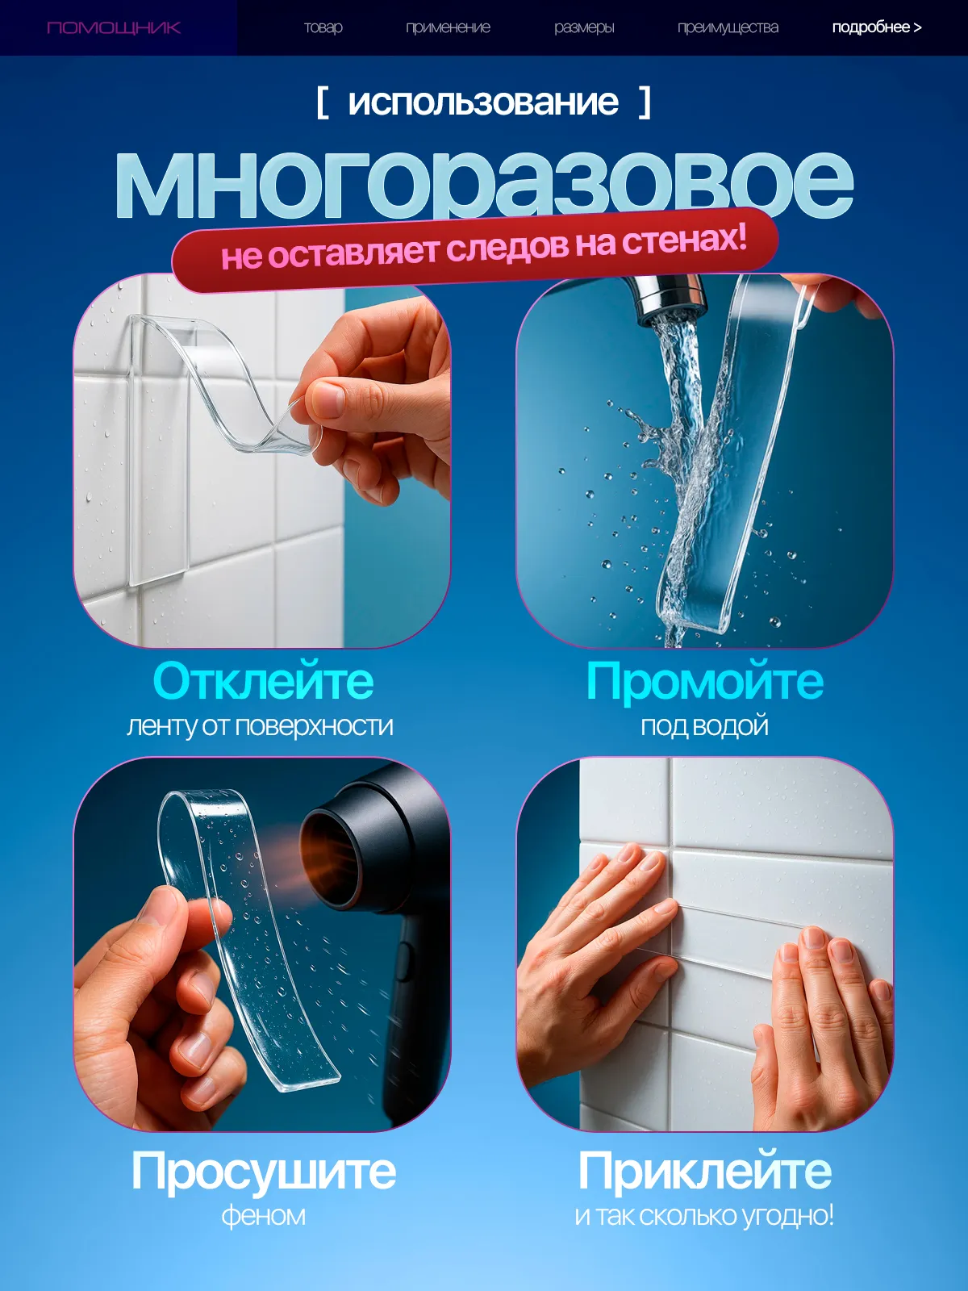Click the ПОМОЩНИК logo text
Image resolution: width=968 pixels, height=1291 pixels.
point(114,27)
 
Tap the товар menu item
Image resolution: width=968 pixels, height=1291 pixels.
point(323,27)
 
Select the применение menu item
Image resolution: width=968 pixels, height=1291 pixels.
point(448,27)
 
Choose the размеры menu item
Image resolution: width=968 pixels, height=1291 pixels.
point(584,27)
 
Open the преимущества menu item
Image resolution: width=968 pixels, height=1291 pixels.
point(728,27)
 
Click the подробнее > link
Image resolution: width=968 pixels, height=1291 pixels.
point(877,27)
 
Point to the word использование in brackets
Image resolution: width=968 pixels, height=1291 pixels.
point(483,102)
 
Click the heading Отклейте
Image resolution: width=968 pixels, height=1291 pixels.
point(263,682)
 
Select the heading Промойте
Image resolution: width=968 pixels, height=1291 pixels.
point(705,682)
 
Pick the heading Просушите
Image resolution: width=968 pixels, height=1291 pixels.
point(263,1171)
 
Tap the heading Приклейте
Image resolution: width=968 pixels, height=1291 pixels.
point(705,1171)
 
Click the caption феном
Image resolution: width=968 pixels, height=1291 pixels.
point(263,1215)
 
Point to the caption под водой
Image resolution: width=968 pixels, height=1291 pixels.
point(705,725)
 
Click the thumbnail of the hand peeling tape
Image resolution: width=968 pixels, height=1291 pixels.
point(262,461)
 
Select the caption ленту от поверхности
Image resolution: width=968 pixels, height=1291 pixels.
point(260,726)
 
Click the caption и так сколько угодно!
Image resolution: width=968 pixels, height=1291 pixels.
point(704,1216)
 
